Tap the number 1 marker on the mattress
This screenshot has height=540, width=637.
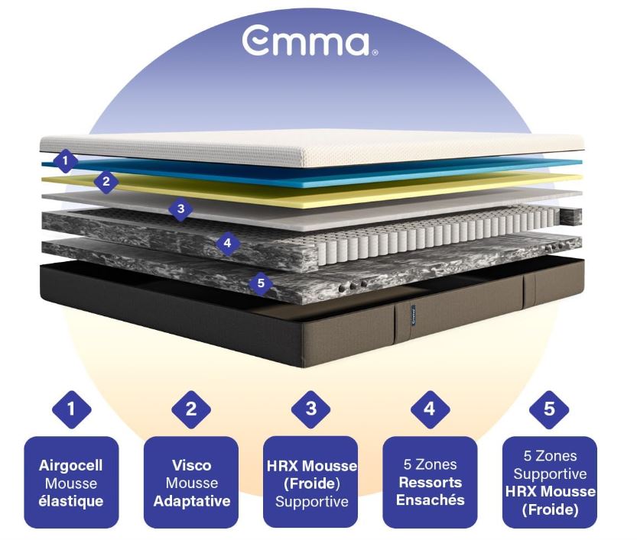(x=66, y=161)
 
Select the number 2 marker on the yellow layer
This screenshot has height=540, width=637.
(x=106, y=182)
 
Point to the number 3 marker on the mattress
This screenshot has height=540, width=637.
(x=180, y=208)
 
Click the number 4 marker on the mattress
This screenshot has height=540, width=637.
(x=227, y=244)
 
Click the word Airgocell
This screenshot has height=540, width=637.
(x=71, y=464)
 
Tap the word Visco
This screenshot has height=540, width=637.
(x=191, y=464)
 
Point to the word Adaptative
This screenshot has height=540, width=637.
(x=191, y=501)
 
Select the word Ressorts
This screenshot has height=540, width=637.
(x=430, y=483)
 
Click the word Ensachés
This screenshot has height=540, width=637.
(x=430, y=501)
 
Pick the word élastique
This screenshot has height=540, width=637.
(x=71, y=501)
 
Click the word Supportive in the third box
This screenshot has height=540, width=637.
(x=310, y=502)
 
